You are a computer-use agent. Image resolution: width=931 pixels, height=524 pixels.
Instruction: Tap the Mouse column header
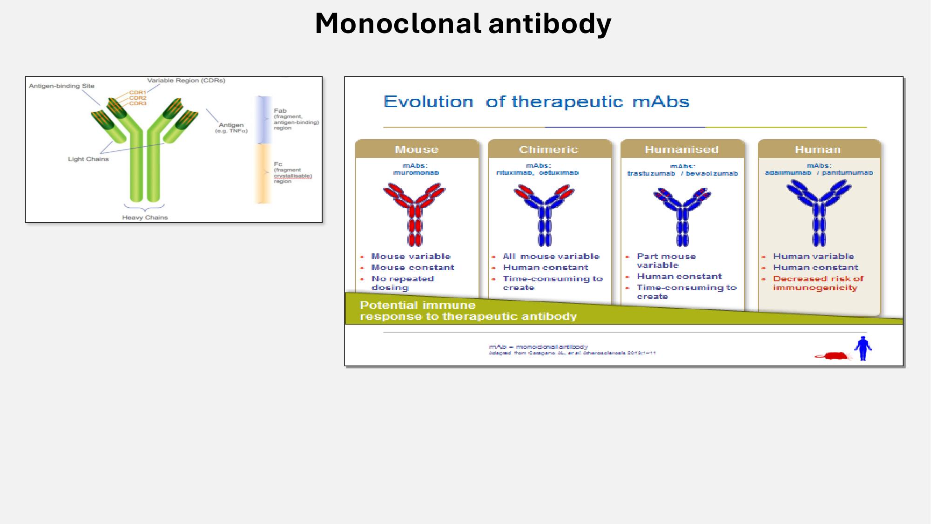(417, 150)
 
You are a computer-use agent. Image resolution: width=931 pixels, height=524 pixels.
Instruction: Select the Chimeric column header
(549, 150)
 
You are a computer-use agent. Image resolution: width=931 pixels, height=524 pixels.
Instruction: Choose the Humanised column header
(681, 150)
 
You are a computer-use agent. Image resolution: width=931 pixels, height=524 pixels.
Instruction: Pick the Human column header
(818, 150)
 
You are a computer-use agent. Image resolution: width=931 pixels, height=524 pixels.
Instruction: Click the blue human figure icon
(863, 348)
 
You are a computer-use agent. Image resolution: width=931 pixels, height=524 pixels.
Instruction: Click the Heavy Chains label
(145, 218)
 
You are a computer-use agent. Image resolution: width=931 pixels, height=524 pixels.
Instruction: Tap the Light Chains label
(88, 159)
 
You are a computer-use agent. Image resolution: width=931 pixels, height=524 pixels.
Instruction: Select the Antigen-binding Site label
(61, 86)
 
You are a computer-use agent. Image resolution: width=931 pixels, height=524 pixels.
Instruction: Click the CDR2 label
(138, 98)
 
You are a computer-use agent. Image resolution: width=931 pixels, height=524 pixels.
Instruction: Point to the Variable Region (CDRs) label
(186, 80)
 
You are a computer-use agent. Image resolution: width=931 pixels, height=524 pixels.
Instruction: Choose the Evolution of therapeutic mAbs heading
(536, 102)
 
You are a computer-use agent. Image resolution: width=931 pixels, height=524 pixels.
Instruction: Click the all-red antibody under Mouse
(414, 214)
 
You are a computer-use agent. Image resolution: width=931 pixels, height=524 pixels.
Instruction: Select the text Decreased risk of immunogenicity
(818, 283)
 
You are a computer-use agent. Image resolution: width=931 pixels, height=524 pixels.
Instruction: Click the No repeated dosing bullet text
(402, 283)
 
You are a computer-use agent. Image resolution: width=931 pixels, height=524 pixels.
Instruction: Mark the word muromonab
(416, 173)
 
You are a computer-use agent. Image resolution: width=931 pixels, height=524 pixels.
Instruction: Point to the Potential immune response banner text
(468, 311)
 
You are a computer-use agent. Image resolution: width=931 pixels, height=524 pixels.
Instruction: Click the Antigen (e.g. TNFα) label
(231, 128)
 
